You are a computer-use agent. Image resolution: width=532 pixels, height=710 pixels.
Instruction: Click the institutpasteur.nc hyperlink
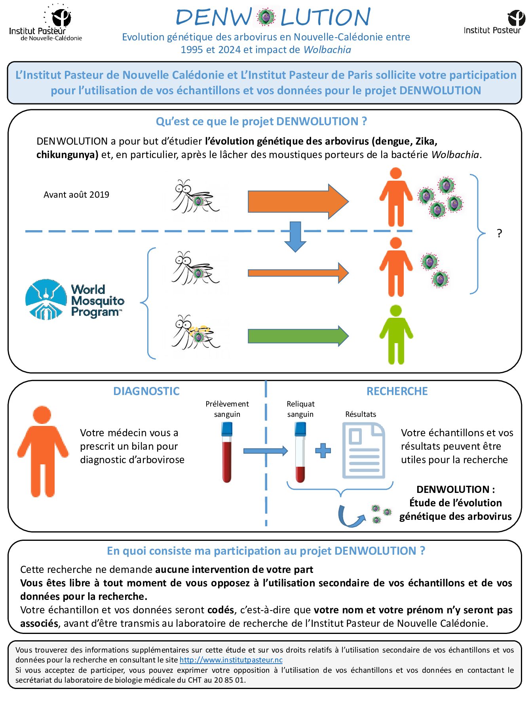(x=231, y=660)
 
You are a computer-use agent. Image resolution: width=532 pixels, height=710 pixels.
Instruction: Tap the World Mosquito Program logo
(x=74, y=300)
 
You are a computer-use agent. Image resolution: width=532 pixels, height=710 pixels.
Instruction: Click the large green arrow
(x=298, y=336)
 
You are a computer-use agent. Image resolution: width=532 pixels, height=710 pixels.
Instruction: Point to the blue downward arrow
(x=295, y=237)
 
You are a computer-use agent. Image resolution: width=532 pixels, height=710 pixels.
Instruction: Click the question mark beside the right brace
(x=499, y=233)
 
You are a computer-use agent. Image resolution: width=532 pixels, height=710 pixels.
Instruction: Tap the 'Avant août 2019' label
(x=76, y=195)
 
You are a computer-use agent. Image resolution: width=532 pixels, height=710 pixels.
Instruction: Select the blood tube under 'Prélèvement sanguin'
(x=227, y=452)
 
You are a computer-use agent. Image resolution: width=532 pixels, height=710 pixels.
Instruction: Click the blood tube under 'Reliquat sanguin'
(x=300, y=452)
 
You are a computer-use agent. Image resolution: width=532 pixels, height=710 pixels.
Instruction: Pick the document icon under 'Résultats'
(x=363, y=450)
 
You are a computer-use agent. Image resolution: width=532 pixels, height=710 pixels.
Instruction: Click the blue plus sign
(x=323, y=450)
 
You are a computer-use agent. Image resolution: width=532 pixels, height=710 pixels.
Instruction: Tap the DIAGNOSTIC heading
(x=146, y=391)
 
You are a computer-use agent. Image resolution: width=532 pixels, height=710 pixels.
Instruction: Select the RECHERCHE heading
(x=397, y=391)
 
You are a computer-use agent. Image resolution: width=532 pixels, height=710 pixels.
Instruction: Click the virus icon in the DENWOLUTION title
(x=266, y=17)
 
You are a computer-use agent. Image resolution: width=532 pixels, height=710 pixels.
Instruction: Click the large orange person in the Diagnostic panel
(x=42, y=451)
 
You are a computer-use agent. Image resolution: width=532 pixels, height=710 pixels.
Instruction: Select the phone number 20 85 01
(x=229, y=680)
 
